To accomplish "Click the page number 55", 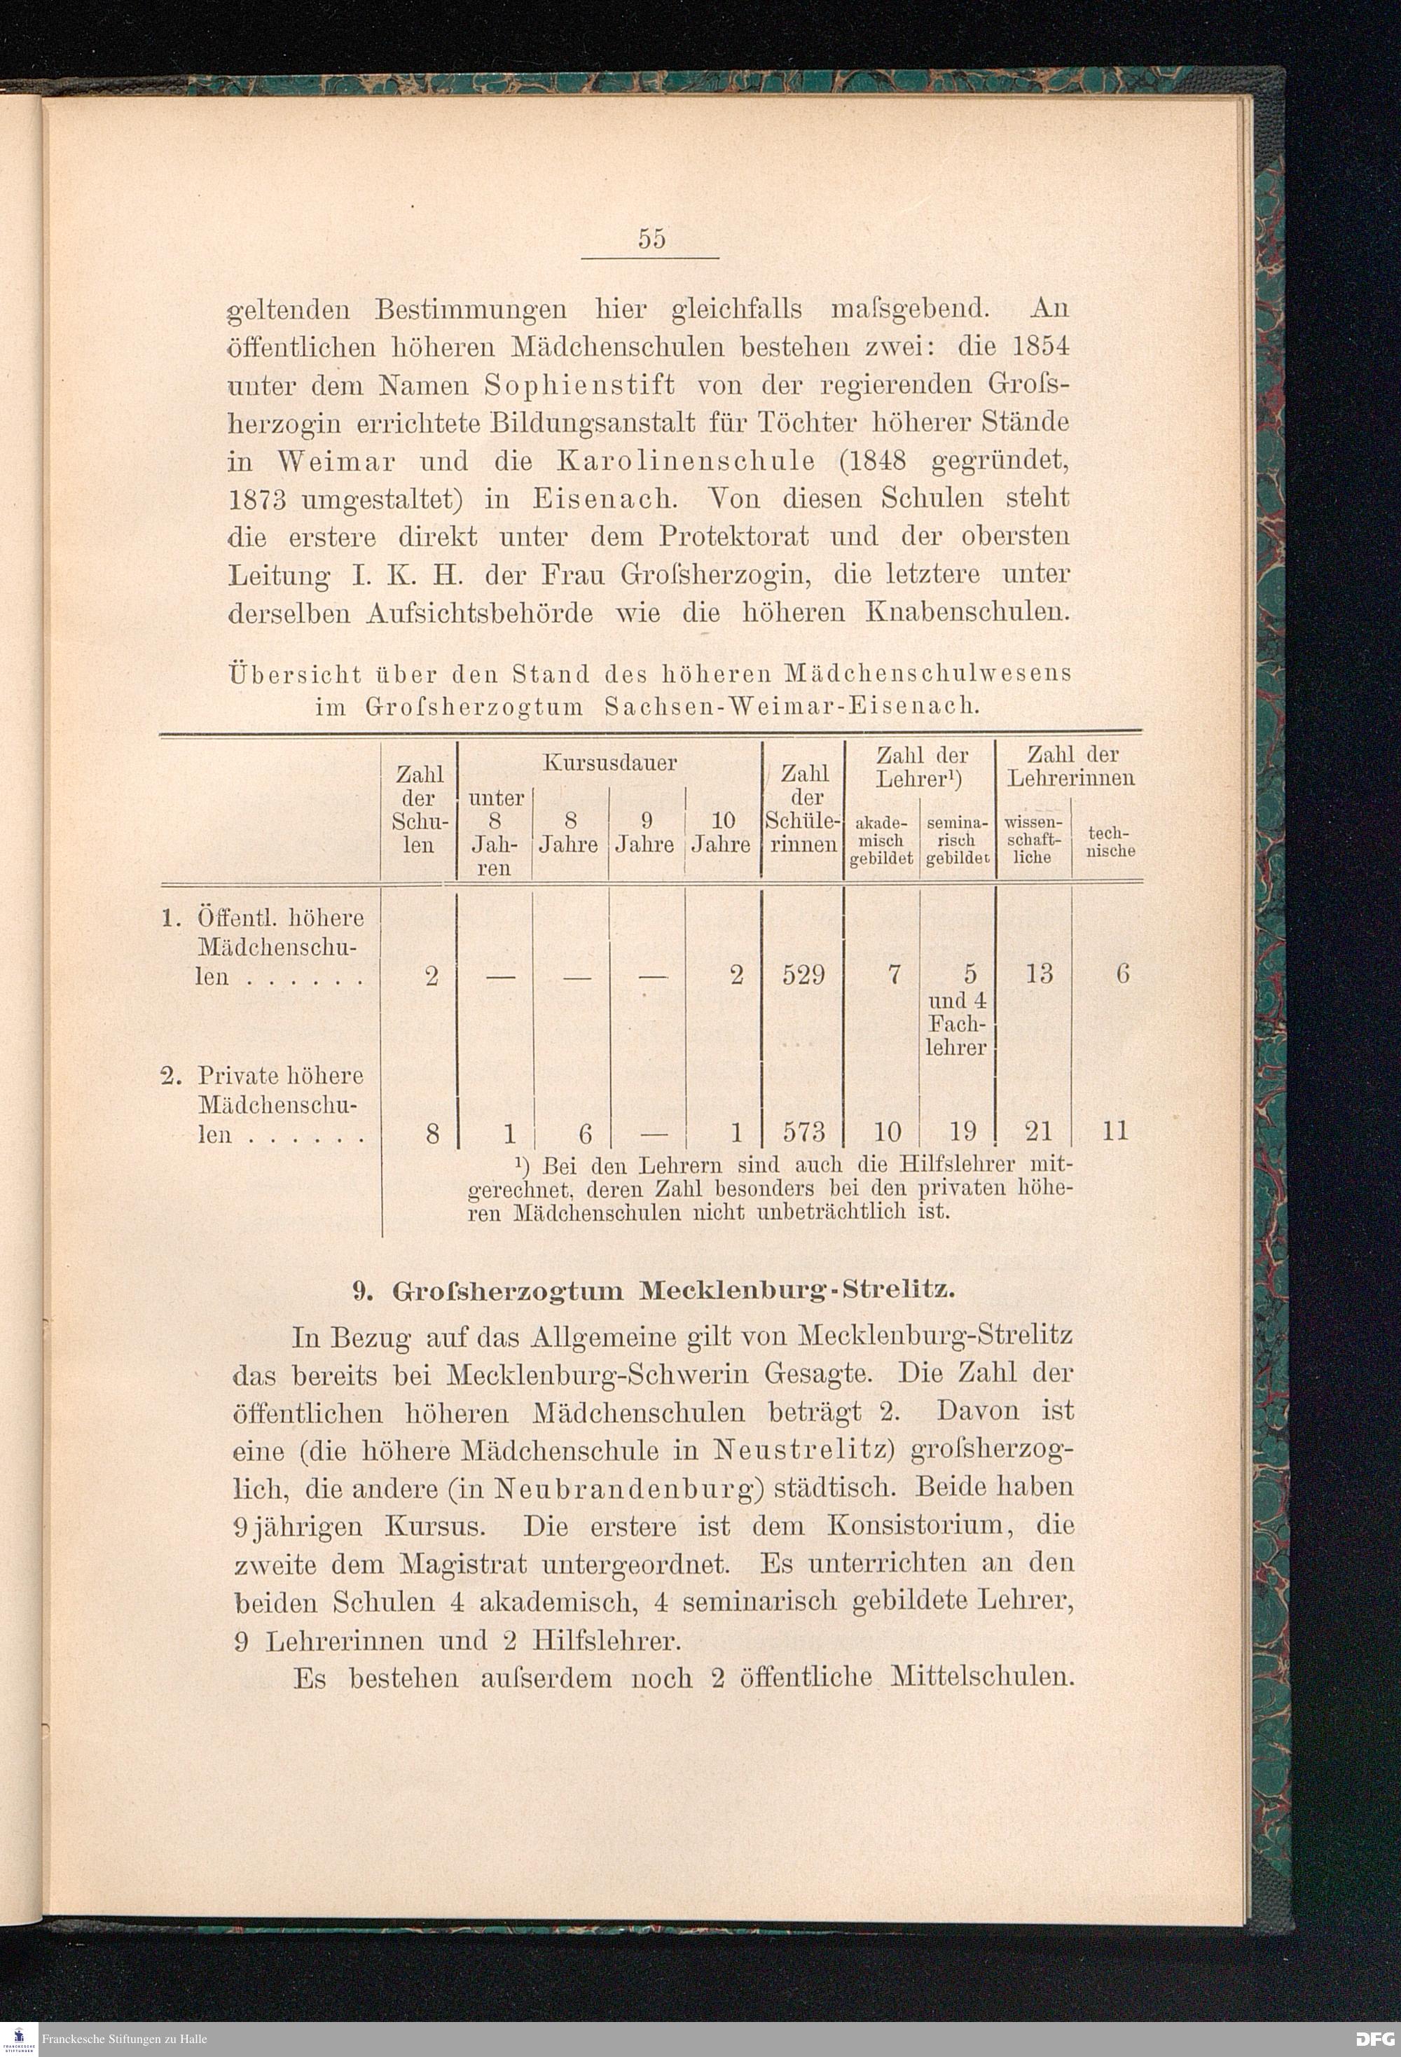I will click(x=651, y=239).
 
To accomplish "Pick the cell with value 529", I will click(x=803, y=974).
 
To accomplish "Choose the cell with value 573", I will click(x=803, y=1131).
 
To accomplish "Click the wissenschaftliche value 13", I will click(x=1039, y=974).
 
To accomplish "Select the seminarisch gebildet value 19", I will click(x=962, y=1131).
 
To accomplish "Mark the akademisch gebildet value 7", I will click(x=894, y=974).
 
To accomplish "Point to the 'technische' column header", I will click(x=1111, y=842).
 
